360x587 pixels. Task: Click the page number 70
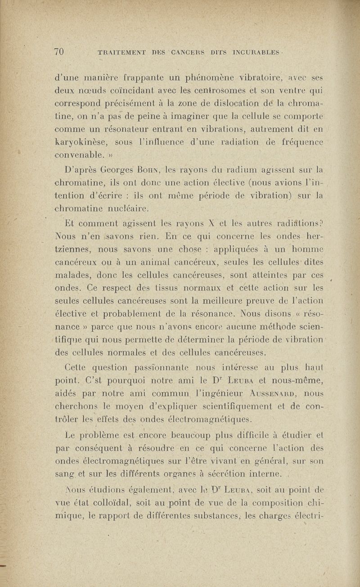coord(59,51)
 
